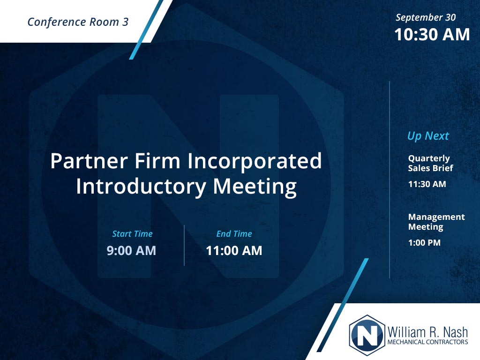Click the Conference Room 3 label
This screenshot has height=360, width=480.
coord(78,22)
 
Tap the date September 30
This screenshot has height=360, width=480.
coord(426,17)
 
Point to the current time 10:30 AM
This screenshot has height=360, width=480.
coord(432,34)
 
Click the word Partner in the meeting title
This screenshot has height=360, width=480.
coord(89,161)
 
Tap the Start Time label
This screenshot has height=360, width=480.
coord(132,234)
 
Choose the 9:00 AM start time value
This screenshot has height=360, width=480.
coord(131,251)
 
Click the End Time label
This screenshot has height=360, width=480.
coord(234,234)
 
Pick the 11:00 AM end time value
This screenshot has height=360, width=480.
coord(234,251)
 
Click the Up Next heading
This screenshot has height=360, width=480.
coord(428,135)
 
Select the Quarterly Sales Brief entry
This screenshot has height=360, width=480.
coord(430,163)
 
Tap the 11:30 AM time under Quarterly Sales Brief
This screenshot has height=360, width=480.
coord(427,184)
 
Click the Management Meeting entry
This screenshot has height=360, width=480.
coord(436,222)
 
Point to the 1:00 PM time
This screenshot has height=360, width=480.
coord(424,243)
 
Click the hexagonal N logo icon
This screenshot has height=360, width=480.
coord(367,335)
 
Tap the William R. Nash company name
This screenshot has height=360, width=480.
coord(427,332)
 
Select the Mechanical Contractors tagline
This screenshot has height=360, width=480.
coord(427,342)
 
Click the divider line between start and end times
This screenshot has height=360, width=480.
coord(184,245)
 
